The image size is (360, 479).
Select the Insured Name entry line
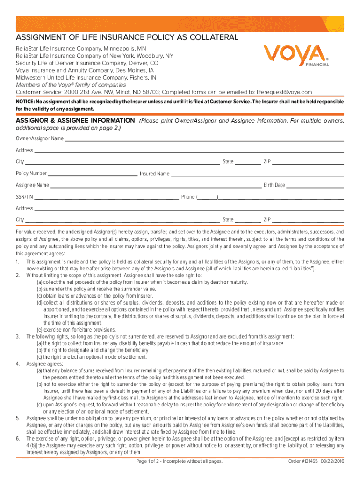tap(257, 174)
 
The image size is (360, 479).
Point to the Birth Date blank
tap(315, 185)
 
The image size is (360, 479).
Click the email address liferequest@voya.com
tap(285, 92)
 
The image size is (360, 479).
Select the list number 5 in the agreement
tap(18, 418)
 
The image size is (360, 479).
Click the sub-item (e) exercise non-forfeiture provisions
tap(70, 329)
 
